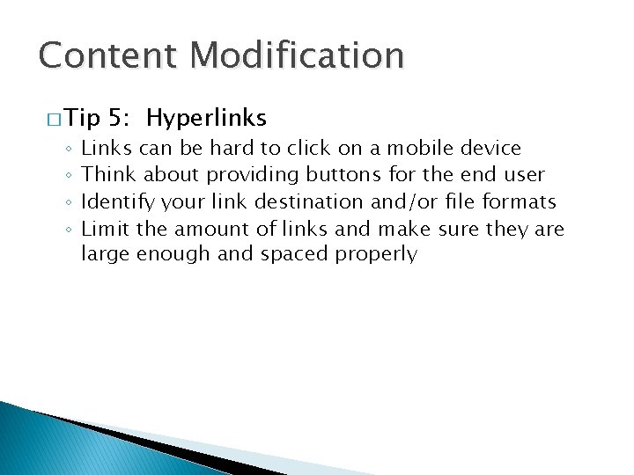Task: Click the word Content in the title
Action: pyautogui.click(x=102, y=55)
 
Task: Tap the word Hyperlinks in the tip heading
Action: pyautogui.click(x=207, y=118)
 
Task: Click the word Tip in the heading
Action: pyautogui.click(x=85, y=118)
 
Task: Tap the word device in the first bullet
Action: pyautogui.click(x=491, y=148)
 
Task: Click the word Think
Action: pyautogui.click(x=110, y=175)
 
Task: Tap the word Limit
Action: pyautogui.click(x=105, y=229)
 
